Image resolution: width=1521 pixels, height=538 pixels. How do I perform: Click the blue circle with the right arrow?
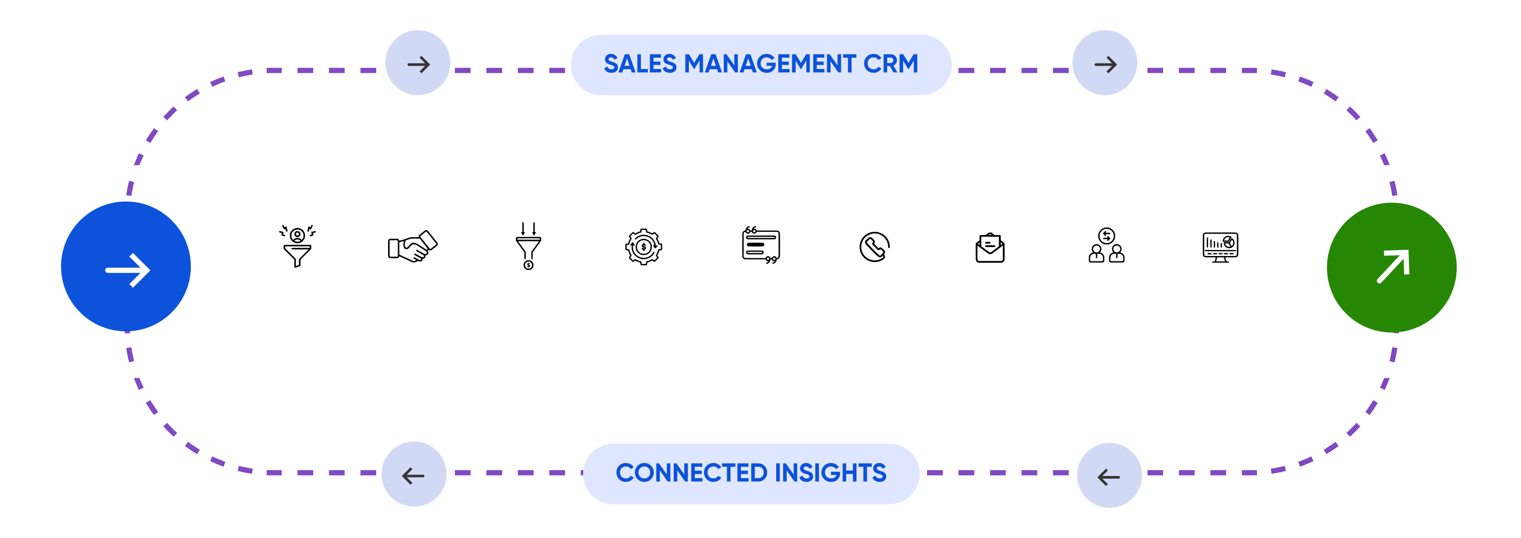tap(126, 266)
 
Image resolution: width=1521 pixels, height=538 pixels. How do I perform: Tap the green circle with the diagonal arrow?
tap(1391, 267)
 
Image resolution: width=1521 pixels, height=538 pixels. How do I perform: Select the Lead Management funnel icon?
tap(297, 247)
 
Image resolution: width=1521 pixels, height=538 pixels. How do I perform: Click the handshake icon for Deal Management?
tap(412, 247)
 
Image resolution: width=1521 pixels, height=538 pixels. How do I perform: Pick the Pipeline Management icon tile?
tap(528, 247)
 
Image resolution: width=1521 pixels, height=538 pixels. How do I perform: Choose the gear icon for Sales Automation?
tap(643, 247)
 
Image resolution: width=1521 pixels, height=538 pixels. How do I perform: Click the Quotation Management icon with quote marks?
tap(759, 247)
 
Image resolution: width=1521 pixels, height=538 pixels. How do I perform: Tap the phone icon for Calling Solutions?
tap(874, 247)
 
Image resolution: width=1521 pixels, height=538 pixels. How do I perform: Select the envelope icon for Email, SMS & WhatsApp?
tap(990, 247)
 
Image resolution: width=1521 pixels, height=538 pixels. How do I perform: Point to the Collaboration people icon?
tap(1105, 247)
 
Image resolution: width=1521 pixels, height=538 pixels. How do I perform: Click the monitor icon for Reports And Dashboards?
tap(1220, 247)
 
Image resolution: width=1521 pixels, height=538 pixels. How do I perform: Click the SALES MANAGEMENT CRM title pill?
tap(760, 64)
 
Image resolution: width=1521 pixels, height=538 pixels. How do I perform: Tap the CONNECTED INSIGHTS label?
tap(750, 473)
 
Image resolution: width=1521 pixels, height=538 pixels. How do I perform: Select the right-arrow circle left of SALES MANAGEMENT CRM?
tap(418, 63)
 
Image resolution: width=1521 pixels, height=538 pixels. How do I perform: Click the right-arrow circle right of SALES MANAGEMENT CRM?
tap(1104, 63)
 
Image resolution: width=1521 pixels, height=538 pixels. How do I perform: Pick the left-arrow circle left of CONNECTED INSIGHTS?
tap(414, 474)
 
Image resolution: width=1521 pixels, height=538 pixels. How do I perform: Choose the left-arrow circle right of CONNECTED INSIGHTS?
tap(1109, 475)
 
